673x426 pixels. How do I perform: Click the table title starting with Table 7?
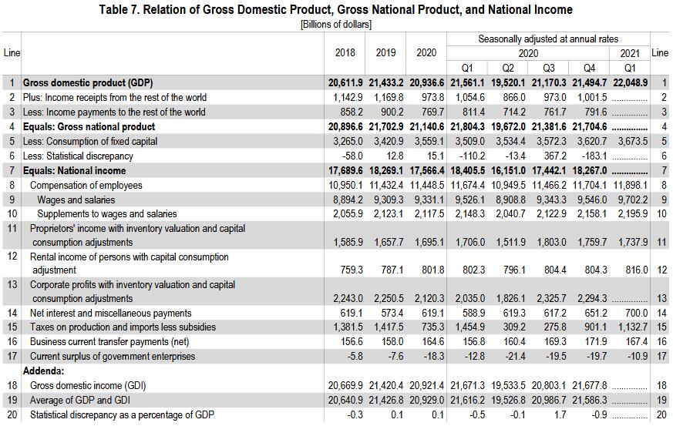[336, 9]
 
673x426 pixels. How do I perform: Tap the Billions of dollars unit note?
[336, 24]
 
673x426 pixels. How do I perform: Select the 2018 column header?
[346, 52]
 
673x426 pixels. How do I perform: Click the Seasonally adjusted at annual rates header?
[548, 39]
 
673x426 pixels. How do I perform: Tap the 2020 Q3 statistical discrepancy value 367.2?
[554, 156]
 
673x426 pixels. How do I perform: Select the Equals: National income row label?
[73, 170]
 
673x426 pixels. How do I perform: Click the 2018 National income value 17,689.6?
[346, 170]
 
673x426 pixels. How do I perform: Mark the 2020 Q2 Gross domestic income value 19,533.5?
[511, 384]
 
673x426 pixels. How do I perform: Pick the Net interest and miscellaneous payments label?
[110, 314]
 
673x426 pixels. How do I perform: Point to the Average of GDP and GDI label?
[83, 400]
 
